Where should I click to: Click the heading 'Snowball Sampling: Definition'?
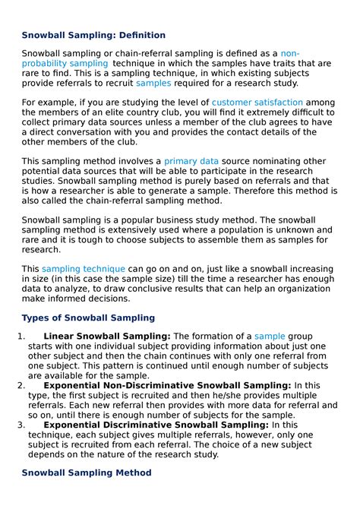[93, 35]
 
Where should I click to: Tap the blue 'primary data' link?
[191, 161]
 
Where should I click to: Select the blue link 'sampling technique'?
[83, 269]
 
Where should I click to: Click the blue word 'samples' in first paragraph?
[153, 83]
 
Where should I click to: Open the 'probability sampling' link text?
[65, 64]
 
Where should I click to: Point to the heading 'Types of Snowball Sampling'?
[88, 318]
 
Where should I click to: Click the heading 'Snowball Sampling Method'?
[86, 473]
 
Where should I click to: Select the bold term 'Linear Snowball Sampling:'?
[107, 336]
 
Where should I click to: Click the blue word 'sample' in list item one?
[269, 336]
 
